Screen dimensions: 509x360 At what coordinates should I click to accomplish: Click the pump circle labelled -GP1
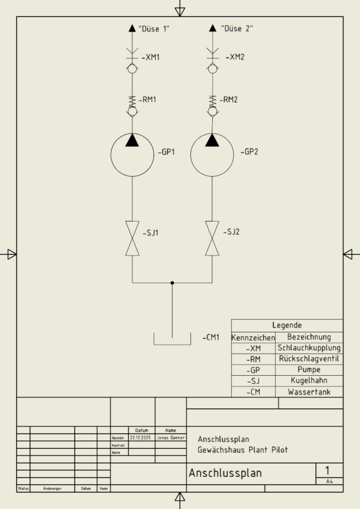(x=132, y=156)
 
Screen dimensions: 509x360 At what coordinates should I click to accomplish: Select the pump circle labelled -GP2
(x=212, y=156)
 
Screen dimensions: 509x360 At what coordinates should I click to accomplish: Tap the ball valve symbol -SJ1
(x=132, y=238)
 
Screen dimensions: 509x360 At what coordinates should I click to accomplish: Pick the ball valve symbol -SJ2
(x=212, y=238)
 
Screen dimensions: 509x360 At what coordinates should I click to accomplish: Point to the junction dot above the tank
(x=172, y=283)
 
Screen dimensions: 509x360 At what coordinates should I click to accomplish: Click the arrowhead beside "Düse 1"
(x=132, y=28)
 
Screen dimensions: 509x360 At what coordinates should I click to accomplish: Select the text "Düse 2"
(x=237, y=28)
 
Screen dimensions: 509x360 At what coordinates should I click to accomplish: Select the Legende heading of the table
(x=287, y=325)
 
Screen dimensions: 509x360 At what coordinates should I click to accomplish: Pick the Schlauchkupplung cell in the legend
(x=309, y=348)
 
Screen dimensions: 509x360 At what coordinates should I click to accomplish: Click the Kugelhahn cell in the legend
(x=309, y=380)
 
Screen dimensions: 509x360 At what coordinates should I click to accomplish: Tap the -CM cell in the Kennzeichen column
(x=253, y=392)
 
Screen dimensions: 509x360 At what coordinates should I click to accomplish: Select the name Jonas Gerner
(x=171, y=438)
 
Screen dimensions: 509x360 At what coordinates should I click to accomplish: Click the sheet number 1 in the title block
(x=327, y=470)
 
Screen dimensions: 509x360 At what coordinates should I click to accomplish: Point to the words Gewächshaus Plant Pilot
(x=243, y=450)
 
